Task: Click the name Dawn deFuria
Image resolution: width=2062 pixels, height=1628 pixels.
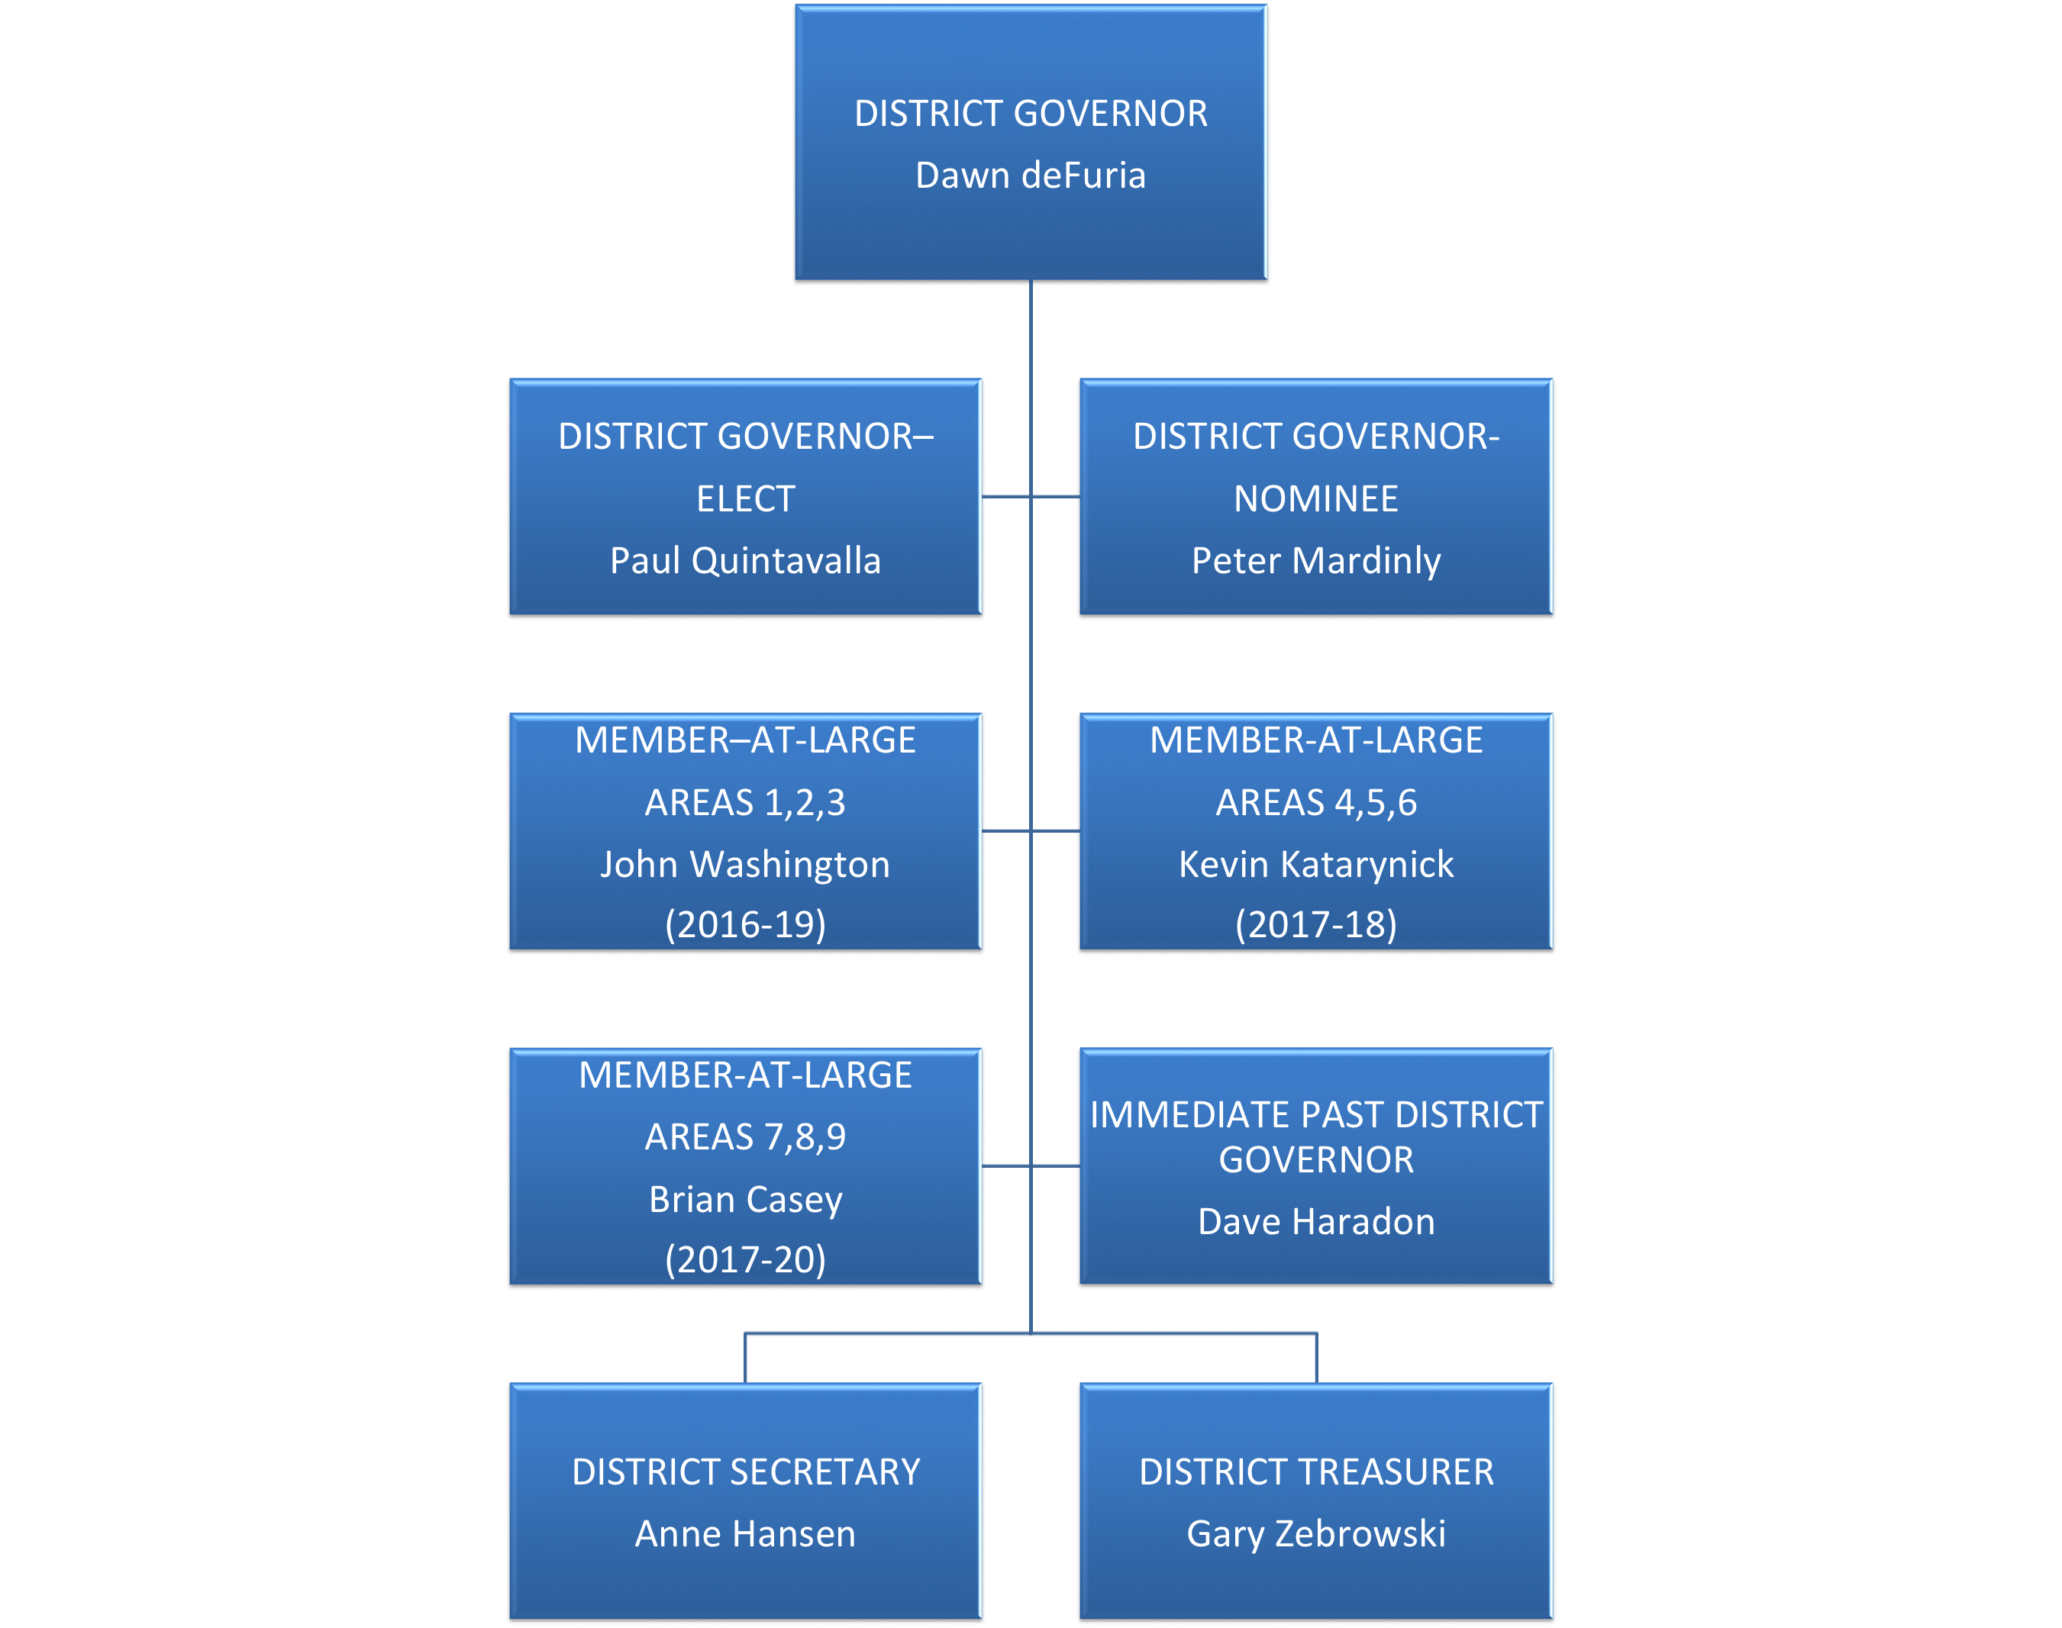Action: point(1031,176)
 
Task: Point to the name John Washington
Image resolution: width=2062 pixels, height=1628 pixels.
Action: point(746,866)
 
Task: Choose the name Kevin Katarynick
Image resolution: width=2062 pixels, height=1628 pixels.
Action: point(1316,866)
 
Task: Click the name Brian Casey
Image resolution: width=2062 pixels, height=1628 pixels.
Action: point(746,1200)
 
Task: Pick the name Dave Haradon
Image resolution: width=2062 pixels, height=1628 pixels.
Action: point(1316,1222)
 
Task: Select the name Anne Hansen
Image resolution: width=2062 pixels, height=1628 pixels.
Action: point(746,1533)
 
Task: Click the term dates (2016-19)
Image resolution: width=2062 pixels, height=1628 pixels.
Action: point(746,924)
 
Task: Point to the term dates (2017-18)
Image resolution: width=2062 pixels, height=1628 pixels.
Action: point(1316,924)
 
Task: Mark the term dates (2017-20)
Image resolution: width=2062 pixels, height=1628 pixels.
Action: point(746,1260)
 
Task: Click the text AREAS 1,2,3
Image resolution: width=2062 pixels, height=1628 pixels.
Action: point(746,804)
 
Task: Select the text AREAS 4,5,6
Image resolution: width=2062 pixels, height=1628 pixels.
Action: point(1316,804)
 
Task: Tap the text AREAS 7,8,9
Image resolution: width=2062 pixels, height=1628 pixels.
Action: point(746,1137)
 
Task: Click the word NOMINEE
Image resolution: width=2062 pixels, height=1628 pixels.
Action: point(1316,499)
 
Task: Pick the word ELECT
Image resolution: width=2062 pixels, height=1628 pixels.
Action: point(746,499)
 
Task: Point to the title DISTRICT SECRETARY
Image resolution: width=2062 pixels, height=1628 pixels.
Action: point(746,1472)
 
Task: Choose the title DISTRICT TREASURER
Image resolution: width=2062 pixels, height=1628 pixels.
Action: point(1316,1472)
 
